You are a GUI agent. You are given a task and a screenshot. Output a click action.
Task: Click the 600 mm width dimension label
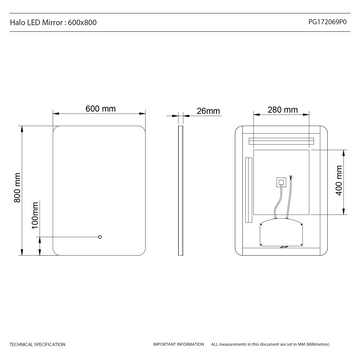(101, 109)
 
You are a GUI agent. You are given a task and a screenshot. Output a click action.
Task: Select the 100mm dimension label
(36, 215)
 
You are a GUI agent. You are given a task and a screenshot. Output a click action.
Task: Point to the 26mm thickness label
(208, 110)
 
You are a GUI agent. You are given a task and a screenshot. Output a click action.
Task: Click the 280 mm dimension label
(284, 110)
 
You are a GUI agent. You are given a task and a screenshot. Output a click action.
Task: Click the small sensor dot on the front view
(99, 237)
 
